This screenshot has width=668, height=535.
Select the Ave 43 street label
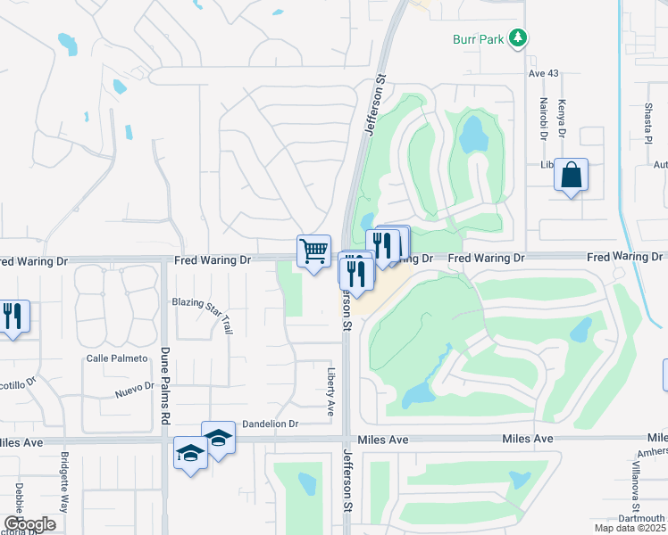[x=543, y=73]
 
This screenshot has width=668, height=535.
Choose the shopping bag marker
[x=572, y=176]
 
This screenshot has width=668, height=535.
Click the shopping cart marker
[x=313, y=251]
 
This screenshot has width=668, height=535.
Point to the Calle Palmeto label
[x=115, y=358]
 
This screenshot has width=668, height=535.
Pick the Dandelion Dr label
[x=269, y=424]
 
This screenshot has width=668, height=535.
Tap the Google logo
[x=29, y=524]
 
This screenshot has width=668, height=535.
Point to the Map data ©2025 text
[x=630, y=529]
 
